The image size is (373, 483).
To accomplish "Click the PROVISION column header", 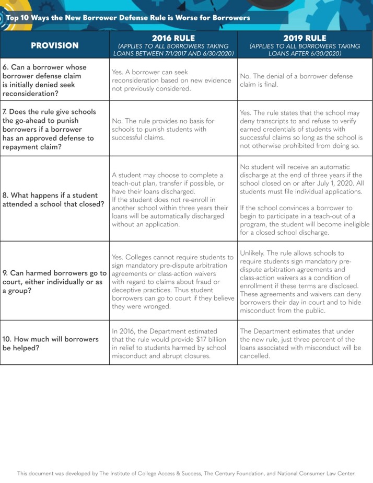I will [54, 45].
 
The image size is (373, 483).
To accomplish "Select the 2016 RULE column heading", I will [173, 38].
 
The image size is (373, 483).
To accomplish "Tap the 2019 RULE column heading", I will [305, 38].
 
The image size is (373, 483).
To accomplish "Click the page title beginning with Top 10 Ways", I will [128, 17].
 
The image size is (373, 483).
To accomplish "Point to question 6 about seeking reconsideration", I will [45, 80].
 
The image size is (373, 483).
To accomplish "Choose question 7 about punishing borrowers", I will [50, 129].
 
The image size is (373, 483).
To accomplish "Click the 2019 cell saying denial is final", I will [296, 80].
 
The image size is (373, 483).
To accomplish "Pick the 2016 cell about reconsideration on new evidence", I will [171, 80].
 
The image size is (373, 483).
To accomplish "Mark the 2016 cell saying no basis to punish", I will [163, 129].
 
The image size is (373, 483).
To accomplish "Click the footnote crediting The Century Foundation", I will [186, 473].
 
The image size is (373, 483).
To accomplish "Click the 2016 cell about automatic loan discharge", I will [170, 200].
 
